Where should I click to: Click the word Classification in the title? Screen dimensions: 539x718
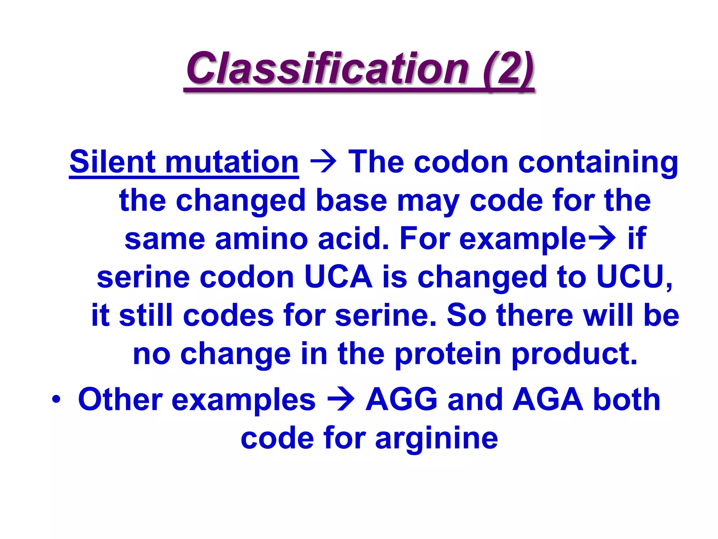tap(328, 68)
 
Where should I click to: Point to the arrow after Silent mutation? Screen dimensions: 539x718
tap(323, 162)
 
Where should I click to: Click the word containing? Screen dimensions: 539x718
tap(598, 162)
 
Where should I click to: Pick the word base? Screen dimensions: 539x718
tap(351, 200)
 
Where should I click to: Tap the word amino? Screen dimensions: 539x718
tap(262, 239)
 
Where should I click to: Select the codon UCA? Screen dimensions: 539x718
tap(338, 277)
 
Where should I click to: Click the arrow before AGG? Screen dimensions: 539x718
tap(340, 400)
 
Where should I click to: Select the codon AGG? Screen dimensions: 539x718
tap(402, 400)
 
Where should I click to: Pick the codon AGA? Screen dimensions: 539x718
tap(547, 400)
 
